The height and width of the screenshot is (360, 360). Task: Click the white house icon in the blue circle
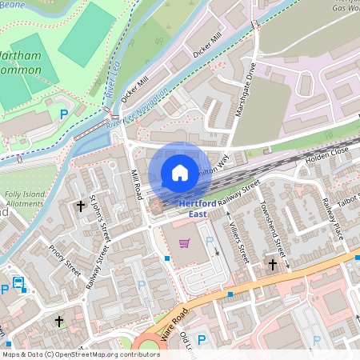[180, 172]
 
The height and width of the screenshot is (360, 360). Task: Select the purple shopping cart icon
[185, 243]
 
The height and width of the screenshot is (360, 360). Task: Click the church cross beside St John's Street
[80, 206]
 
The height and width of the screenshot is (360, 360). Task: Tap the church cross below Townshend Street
[272, 263]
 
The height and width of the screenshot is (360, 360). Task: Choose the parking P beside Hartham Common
[64, 114]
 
